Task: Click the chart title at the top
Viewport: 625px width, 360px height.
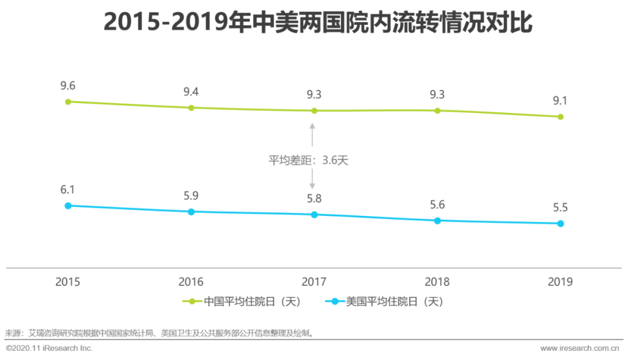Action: pyautogui.click(x=317, y=23)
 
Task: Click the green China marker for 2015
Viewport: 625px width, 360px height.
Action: pyautogui.click(x=68, y=102)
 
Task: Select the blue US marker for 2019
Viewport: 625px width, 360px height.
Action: pyautogui.click(x=560, y=223)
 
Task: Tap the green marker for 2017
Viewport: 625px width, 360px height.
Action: pyautogui.click(x=314, y=111)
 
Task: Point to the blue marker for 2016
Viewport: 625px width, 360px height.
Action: pyautogui.click(x=191, y=212)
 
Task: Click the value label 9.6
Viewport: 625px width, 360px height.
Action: pyautogui.click(x=68, y=86)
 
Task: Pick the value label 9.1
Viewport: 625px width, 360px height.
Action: pyautogui.click(x=560, y=101)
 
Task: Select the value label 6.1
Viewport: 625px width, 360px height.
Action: pyautogui.click(x=68, y=190)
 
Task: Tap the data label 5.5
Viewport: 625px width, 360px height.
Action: pyautogui.click(x=560, y=207)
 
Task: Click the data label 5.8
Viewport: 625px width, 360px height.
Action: pyautogui.click(x=314, y=199)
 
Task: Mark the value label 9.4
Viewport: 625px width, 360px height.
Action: pyautogui.click(x=191, y=91)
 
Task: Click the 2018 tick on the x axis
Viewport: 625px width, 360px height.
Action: pyautogui.click(x=437, y=282)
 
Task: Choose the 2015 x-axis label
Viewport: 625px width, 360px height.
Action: pyautogui.click(x=68, y=282)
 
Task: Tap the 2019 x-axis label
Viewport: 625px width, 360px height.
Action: pyautogui.click(x=560, y=282)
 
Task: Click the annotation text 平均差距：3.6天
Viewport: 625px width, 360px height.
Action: pyautogui.click(x=308, y=160)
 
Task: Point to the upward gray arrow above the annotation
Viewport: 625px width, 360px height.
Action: pyautogui.click(x=312, y=134)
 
